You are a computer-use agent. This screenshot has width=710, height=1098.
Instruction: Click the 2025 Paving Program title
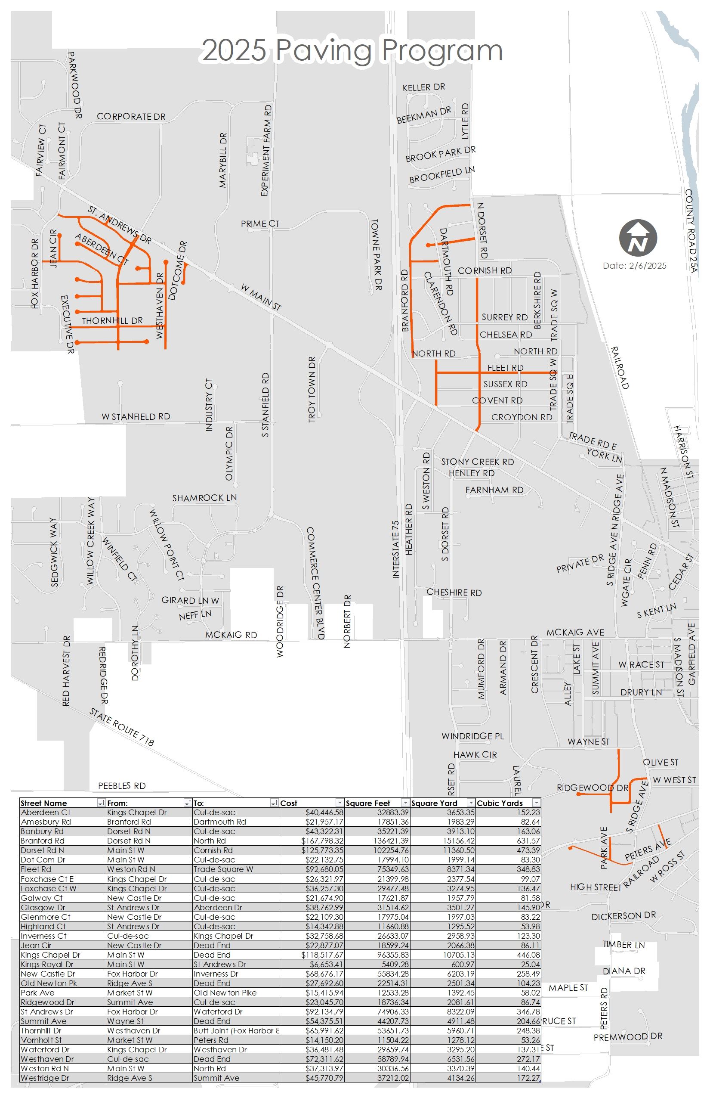352,50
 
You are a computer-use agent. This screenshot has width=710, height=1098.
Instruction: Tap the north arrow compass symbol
638,238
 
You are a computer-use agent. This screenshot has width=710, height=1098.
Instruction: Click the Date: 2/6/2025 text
634,266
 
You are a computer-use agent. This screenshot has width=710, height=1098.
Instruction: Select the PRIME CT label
260,224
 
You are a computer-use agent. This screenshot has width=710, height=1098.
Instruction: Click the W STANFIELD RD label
136,417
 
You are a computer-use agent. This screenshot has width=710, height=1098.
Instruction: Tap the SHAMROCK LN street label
204,498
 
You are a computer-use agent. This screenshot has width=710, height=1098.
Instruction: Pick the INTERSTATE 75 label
395,549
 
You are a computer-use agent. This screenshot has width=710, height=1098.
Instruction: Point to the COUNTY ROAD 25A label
690,231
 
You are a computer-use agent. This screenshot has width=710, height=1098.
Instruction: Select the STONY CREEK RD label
477,462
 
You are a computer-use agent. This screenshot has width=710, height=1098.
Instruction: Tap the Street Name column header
44,803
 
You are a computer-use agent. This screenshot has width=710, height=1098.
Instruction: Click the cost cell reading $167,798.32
322,841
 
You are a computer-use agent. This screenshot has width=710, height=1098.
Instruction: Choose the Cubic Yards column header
500,803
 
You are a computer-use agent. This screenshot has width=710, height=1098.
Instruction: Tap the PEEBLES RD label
122,786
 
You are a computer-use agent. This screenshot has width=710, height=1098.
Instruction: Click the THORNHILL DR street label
112,321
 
